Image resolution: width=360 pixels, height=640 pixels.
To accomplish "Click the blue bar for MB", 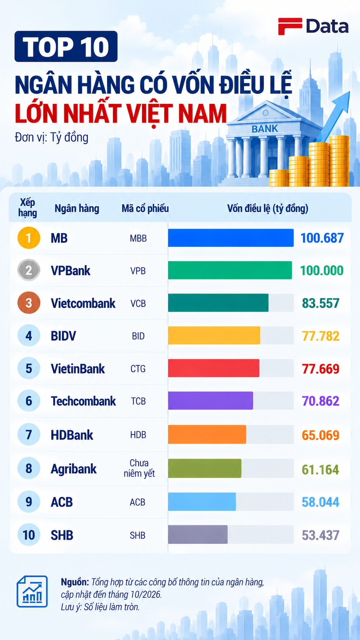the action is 231,238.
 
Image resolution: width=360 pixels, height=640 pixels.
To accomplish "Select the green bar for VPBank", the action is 230,270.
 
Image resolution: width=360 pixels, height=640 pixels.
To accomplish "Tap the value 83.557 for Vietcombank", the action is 321,303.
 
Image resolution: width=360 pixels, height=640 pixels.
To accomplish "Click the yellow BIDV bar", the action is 214,335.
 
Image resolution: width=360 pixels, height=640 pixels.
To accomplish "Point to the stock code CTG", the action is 138,369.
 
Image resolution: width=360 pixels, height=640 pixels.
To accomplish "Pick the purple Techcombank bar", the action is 210,400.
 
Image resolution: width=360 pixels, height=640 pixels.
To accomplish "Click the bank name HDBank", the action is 72,435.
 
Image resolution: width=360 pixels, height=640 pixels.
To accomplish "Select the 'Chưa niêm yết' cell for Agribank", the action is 139,468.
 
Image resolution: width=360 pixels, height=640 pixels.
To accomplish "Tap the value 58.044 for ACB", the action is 321,502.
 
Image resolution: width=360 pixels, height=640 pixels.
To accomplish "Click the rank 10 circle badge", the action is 29,535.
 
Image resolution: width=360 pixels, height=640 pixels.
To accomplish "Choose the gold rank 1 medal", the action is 29,238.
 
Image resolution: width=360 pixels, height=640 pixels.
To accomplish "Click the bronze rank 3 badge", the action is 29,303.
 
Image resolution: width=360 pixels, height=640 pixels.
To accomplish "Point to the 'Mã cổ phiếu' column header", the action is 145,208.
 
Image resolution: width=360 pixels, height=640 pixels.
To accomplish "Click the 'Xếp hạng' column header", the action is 28,208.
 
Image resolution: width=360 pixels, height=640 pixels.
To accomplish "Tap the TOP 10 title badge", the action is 66,46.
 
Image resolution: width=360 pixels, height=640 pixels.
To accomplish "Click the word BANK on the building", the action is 265,129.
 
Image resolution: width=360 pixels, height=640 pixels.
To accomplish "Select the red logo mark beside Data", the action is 290,26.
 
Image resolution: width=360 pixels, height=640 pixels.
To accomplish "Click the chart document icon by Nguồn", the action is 32,591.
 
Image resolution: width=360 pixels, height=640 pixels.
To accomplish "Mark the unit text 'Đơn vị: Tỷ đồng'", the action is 52,137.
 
